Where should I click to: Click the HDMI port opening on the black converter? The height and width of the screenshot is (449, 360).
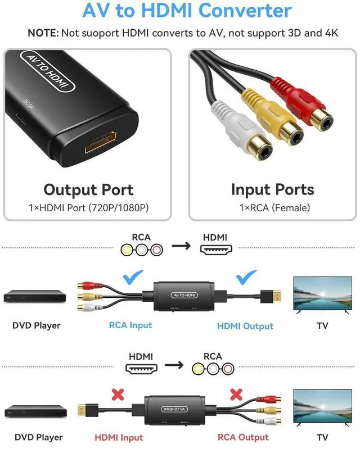tap(101, 142)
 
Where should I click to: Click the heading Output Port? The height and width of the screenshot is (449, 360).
tap(88, 189)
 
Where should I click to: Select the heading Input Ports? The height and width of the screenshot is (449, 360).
tap(273, 189)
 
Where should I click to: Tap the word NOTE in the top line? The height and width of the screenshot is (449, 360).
tap(42, 33)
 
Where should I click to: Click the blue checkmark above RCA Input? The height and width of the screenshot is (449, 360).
tap(133, 276)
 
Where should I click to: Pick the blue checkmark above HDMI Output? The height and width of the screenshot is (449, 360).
tap(245, 276)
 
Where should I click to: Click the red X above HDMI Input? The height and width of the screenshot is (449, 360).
tap(118, 394)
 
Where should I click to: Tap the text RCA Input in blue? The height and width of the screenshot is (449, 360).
tap(130, 325)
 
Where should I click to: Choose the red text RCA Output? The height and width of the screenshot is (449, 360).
tap(243, 437)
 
